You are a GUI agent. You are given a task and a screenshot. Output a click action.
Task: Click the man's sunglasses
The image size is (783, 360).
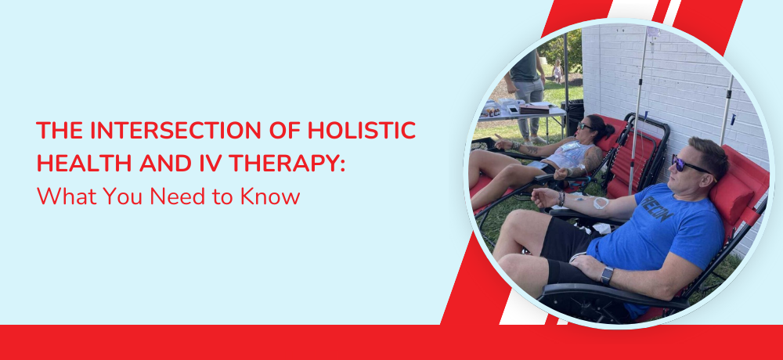click(693, 166)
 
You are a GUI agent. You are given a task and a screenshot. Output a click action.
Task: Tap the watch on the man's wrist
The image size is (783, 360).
click(606, 275)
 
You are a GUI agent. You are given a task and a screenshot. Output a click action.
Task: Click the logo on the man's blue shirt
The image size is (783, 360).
click(652, 213)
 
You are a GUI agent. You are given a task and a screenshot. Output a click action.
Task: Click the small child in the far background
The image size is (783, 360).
click(557, 71)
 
